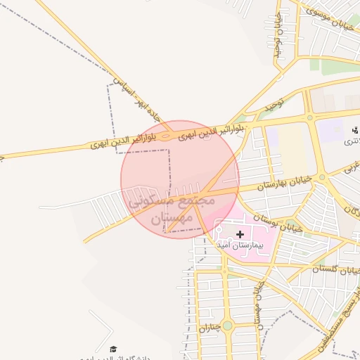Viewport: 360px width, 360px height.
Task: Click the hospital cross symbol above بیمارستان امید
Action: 240,233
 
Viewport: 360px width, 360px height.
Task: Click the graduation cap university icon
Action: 112,349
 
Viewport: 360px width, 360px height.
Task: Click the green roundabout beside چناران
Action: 226,326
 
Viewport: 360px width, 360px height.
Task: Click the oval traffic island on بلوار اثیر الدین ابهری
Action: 165,135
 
